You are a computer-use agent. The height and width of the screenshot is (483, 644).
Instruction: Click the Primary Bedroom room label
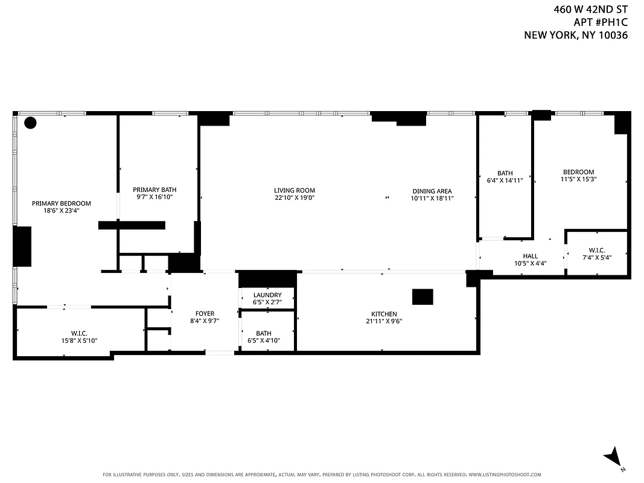[61, 203]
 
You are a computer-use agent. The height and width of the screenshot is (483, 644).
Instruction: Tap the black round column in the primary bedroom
[30, 123]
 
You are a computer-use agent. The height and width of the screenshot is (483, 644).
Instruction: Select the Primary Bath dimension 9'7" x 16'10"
[155, 197]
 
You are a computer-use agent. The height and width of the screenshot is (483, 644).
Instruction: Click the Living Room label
[295, 190]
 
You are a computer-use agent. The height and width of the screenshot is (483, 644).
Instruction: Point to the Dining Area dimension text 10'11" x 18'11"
[432, 198]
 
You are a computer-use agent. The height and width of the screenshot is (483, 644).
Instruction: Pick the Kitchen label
[384, 314]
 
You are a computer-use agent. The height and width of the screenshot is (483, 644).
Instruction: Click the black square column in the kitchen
[422, 297]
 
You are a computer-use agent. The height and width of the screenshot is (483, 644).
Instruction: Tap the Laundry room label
[267, 295]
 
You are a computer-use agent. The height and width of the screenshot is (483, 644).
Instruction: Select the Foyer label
[205, 313]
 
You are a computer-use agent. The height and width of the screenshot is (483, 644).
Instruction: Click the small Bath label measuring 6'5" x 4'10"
[264, 333]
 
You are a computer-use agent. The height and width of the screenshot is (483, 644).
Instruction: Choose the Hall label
[530, 256]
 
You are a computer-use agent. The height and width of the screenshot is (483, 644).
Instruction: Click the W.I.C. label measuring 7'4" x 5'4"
[596, 251]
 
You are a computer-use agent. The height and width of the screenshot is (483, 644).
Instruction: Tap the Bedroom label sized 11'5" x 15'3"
[578, 172]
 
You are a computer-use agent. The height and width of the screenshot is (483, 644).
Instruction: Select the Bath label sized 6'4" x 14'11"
[505, 173]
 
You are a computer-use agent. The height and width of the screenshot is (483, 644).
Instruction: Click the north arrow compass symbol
[613, 457]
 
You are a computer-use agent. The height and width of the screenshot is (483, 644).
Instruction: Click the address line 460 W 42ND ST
[591, 9]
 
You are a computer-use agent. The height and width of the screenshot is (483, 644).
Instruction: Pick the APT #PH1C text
[601, 22]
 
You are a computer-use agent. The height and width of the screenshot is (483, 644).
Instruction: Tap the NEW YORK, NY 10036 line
[576, 35]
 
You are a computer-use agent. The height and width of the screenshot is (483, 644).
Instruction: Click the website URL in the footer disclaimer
[505, 475]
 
